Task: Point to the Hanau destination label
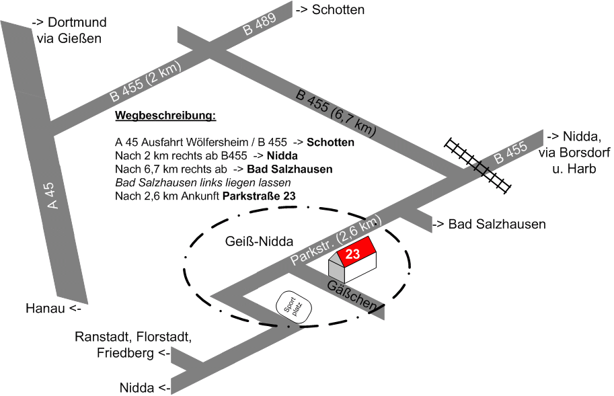(54, 309)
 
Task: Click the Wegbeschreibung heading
(166, 116)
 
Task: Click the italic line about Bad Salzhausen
(202, 183)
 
